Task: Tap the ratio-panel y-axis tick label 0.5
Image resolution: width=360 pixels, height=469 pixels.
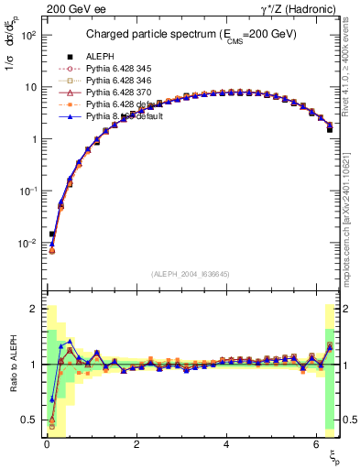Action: pos(31,420)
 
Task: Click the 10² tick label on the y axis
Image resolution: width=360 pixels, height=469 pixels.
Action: pos(29,35)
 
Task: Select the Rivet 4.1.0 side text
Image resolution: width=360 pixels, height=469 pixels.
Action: pos(353,73)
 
